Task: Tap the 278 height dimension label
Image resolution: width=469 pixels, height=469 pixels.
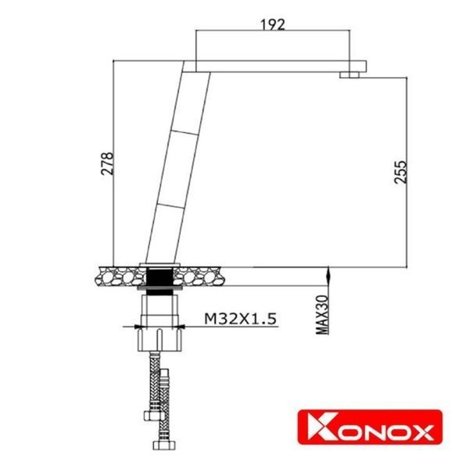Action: pos(109,163)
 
